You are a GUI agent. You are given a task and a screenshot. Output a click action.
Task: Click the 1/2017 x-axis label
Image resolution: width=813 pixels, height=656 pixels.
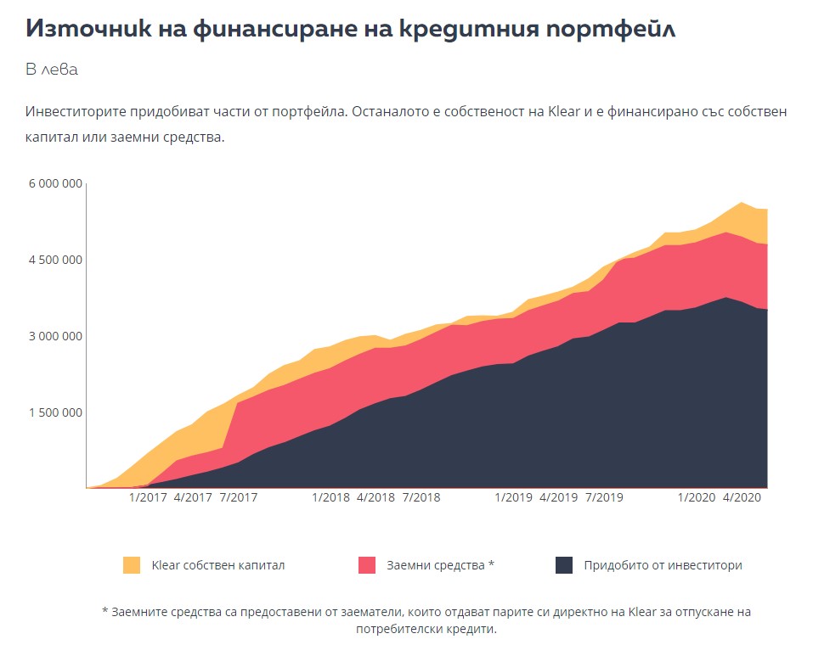click(x=148, y=497)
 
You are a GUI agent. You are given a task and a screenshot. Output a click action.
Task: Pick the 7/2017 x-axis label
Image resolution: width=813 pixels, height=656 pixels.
click(x=239, y=497)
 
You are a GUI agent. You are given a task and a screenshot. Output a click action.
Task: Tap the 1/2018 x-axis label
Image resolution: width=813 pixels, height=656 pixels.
click(x=331, y=497)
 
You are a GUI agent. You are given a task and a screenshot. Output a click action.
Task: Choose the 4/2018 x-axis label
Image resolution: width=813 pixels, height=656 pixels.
click(x=375, y=497)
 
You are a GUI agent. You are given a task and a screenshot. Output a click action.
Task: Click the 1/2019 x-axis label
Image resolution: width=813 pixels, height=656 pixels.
click(x=513, y=497)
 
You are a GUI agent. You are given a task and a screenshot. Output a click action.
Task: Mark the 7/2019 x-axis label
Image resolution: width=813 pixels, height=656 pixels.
click(x=604, y=497)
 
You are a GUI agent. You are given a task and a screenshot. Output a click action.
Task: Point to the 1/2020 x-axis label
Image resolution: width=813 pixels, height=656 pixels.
click(x=697, y=497)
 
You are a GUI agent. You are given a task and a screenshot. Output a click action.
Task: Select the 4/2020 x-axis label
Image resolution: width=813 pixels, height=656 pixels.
click(x=740, y=497)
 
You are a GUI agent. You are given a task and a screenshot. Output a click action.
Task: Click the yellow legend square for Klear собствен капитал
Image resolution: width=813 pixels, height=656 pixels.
click(x=132, y=565)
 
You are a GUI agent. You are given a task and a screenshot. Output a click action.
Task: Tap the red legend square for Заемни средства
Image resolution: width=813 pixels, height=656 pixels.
click(x=367, y=565)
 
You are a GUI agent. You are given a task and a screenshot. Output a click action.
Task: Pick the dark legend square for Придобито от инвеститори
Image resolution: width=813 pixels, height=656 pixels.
click(x=564, y=565)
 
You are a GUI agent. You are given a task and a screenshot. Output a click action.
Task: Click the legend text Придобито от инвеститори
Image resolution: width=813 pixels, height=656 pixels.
click(x=663, y=565)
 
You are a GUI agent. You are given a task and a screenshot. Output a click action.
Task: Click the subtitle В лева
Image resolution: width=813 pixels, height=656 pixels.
click(x=52, y=70)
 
